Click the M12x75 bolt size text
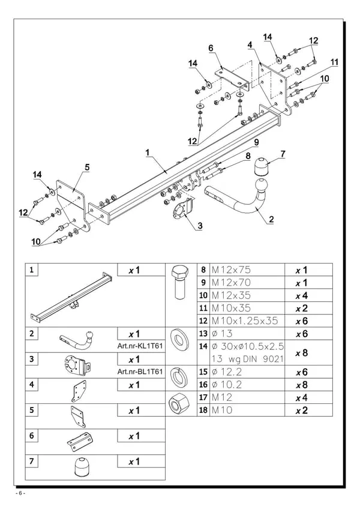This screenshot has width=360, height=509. coord(231,270)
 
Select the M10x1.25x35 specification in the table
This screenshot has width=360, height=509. coord(245,321)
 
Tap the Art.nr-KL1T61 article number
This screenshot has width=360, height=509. coord(140,346)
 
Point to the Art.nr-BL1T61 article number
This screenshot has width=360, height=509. coord(140,372)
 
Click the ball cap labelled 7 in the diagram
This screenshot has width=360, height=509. coord(262,166)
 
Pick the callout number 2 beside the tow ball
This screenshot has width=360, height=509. coord(271,220)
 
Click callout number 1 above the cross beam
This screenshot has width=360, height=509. coord(148,152)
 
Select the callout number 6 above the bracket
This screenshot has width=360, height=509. coord(211,48)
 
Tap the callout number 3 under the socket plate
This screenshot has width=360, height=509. coord(200,226)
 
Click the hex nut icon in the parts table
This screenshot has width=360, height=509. coord(179,403)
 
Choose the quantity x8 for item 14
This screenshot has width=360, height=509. coord(302,353)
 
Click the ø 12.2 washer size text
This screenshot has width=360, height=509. coord(227,372)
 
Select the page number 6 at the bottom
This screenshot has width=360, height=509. coord(20,493)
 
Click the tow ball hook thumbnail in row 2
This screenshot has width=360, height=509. coord(78,340)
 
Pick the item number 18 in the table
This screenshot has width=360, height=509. coord(203,410)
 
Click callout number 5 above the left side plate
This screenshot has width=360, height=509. coord(87,167)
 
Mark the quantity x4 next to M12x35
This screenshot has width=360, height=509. coord(302,295)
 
